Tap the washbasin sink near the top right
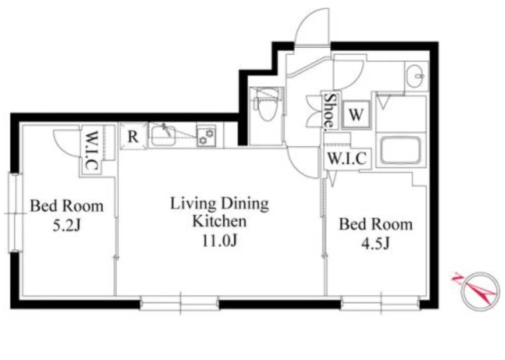(x=416, y=76)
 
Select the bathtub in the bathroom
(x=400, y=150)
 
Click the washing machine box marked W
(x=356, y=115)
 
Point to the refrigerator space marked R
(x=133, y=136)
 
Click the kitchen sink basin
(x=163, y=136)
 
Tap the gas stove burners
(x=206, y=136)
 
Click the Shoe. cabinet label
(x=330, y=110)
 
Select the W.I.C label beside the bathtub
(x=347, y=158)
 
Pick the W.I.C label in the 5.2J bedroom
(x=91, y=150)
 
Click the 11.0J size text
(x=219, y=240)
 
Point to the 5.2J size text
(x=66, y=225)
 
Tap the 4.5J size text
(x=376, y=243)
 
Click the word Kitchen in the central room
(x=219, y=221)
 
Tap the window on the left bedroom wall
(x=15, y=213)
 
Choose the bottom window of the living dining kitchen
(x=180, y=303)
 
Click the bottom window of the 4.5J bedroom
(x=380, y=303)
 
